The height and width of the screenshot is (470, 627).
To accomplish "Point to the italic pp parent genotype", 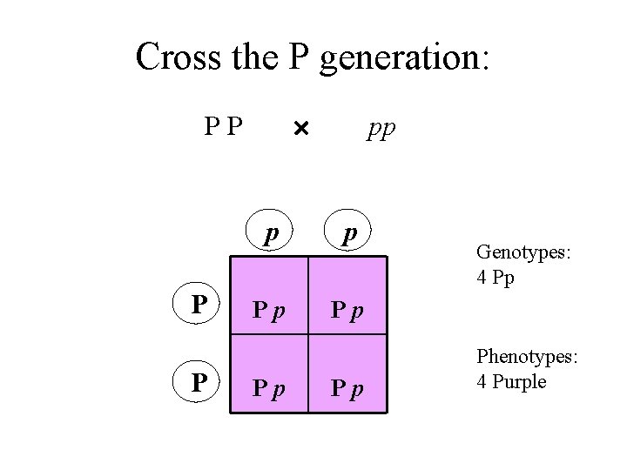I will (381, 129).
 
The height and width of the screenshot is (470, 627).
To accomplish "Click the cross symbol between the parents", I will (300, 130).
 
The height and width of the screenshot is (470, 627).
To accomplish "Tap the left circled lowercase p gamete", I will (272, 233).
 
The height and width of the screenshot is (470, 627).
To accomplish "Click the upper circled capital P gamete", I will (199, 305).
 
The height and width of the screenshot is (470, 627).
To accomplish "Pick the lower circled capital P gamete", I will (199, 383).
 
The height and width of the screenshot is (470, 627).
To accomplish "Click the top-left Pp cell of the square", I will (267, 309).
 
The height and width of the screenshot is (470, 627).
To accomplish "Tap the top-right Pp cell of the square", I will (346, 309).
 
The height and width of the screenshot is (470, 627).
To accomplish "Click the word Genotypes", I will (523, 252).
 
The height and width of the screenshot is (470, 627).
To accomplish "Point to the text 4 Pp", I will (497, 279).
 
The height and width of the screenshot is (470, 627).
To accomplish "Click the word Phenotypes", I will (527, 358).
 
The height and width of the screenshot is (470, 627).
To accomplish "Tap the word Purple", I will (519, 382).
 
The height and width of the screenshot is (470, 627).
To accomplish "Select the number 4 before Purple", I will (482, 382).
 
